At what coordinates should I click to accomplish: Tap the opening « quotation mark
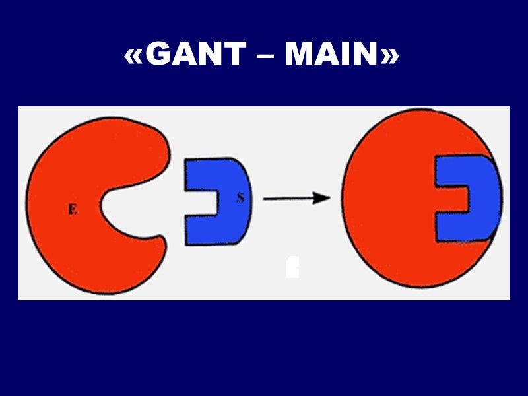click(x=134, y=57)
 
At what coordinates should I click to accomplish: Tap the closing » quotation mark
click(x=389, y=57)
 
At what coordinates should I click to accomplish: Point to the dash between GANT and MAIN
click(x=263, y=58)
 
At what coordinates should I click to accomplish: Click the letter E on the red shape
click(x=73, y=209)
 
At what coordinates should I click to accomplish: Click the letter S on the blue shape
click(x=240, y=197)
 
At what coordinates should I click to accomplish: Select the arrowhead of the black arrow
click(x=323, y=197)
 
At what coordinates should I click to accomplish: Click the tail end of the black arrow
click(x=265, y=197)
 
